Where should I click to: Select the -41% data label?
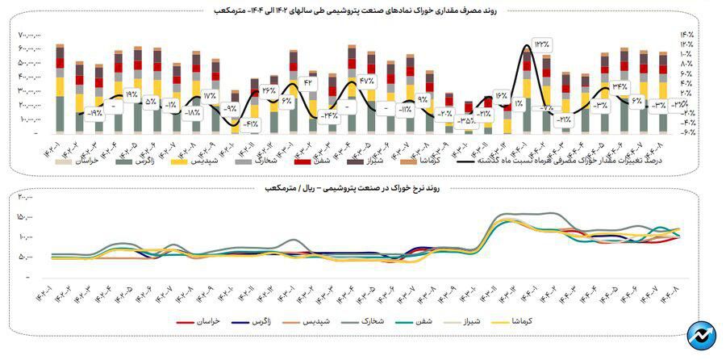coord(250,123)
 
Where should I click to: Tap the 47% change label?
coord(367,81)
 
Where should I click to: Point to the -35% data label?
coord(465,121)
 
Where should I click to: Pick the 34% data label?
coord(620,86)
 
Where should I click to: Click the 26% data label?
coord(269,90)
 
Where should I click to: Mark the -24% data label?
coord(328,116)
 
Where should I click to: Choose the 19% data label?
coord(131,94)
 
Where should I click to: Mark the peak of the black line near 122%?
coord(528,45)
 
